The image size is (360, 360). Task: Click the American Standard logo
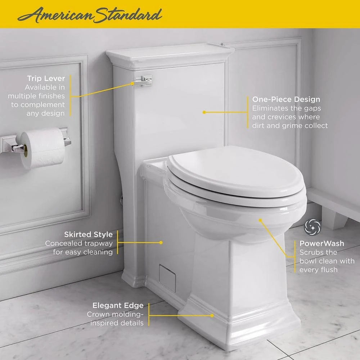90,15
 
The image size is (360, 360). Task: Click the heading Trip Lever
46,78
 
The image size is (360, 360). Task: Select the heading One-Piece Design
286,99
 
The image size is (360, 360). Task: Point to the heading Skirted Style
89,234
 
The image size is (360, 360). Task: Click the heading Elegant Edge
118,306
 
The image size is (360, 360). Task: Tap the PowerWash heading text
321,243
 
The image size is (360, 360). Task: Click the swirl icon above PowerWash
312,227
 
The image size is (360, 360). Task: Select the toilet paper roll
42,148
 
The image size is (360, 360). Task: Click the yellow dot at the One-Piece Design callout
204,112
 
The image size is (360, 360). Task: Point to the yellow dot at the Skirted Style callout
161,242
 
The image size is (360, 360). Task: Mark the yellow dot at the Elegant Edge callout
212,316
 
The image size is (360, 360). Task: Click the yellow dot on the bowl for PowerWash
260,220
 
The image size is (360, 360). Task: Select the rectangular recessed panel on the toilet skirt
167,278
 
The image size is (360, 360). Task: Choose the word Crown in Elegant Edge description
98,314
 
